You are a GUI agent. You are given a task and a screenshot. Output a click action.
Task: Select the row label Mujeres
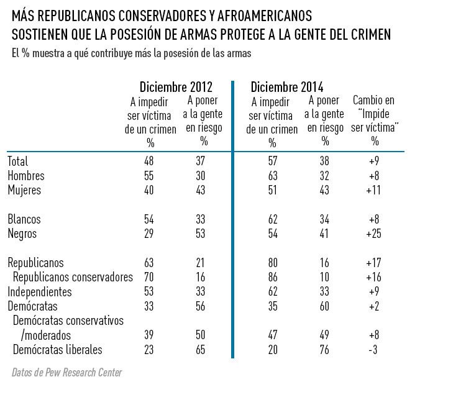(x=24, y=190)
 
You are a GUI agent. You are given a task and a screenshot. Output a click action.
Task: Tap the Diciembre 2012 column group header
(x=176, y=87)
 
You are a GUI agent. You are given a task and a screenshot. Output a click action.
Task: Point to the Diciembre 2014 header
(x=287, y=87)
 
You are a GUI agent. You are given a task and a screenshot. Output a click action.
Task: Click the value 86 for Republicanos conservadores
(x=272, y=278)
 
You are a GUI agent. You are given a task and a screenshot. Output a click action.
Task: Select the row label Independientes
(x=40, y=292)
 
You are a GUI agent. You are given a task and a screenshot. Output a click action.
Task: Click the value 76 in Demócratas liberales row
(x=324, y=350)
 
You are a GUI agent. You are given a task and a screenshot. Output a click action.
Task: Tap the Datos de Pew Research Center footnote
(x=67, y=373)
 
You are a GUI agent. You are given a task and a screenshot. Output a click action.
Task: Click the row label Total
(x=18, y=162)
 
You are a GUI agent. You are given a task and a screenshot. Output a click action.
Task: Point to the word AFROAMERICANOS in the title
(x=265, y=16)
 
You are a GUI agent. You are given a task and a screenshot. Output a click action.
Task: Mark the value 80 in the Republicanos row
(x=272, y=263)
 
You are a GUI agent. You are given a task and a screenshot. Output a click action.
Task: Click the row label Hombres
(x=25, y=176)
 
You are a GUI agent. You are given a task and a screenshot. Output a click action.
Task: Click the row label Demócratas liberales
(x=58, y=350)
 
